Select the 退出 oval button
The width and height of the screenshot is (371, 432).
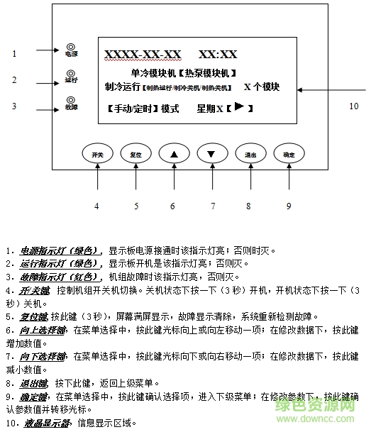pos(250,154)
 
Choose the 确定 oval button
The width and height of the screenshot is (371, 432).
pos(288,154)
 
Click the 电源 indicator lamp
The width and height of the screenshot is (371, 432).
pos(70,47)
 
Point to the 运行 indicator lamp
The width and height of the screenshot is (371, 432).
pos(70,73)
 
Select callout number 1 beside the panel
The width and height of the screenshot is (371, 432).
pos(14,53)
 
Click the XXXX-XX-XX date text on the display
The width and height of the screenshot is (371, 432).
pos(143,55)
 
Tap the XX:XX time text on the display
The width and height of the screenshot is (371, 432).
pos(218,55)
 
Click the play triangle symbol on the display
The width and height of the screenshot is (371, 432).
pos(240,107)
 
